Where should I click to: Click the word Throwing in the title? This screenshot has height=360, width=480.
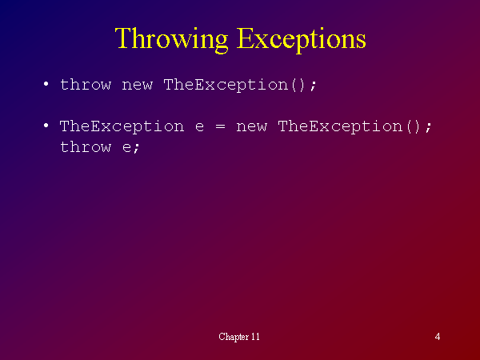tap(172, 39)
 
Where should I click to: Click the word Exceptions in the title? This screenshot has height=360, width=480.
tap(302, 39)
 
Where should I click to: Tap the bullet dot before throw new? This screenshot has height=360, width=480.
tap(46, 83)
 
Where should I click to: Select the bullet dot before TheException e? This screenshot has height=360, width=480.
tap(46, 126)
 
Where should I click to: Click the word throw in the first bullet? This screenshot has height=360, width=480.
tap(86, 84)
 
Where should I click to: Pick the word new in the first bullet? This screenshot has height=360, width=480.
tap(137, 86)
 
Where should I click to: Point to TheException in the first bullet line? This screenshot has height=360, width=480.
tap(226, 85)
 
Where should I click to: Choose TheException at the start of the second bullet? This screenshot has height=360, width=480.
tap(122, 126)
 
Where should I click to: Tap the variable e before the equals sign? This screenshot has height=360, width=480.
tap(199, 127)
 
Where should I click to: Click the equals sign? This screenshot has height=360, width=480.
tap(221, 126)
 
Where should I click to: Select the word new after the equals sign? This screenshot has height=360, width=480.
tap(252, 127)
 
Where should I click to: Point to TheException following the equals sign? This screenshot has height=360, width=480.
tap(340, 126)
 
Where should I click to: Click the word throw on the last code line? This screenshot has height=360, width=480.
tap(86, 146)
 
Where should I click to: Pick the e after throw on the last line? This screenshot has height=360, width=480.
tap(126, 148)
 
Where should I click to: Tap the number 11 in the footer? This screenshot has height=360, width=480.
tap(255, 337)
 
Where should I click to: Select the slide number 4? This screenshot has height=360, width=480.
tap(438, 337)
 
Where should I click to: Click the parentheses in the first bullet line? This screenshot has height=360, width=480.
tap(298, 85)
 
